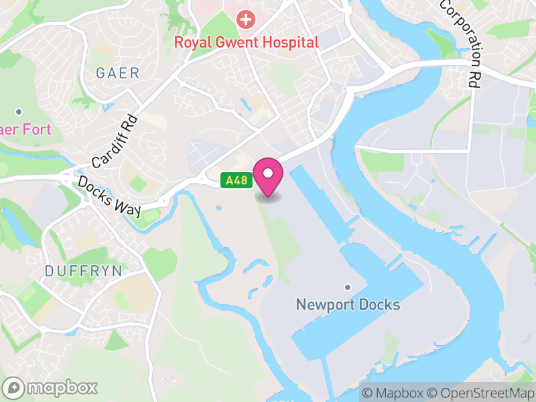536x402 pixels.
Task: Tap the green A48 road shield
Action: pyautogui.click(x=234, y=180)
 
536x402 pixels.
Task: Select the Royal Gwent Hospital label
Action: pyautogui.click(x=247, y=42)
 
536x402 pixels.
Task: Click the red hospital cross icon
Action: pyautogui.click(x=247, y=19)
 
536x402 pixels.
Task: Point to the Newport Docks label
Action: pyautogui.click(x=348, y=306)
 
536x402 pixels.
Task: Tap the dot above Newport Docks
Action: pyautogui.click(x=348, y=287)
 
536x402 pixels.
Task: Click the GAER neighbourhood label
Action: pyautogui.click(x=117, y=73)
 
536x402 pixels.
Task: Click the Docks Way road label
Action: pyautogui.click(x=109, y=196)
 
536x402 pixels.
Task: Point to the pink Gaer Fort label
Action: pyautogui.click(x=25, y=129)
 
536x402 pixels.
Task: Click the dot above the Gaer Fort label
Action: pyautogui.click(x=19, y=111)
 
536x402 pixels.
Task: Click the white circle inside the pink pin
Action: pyautogui.click(x=268, y=174)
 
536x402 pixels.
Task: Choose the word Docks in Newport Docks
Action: pyautogui.click(x=377, y=306)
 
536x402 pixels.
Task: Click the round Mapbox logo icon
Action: pyautogui.click(x=14, y=387)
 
